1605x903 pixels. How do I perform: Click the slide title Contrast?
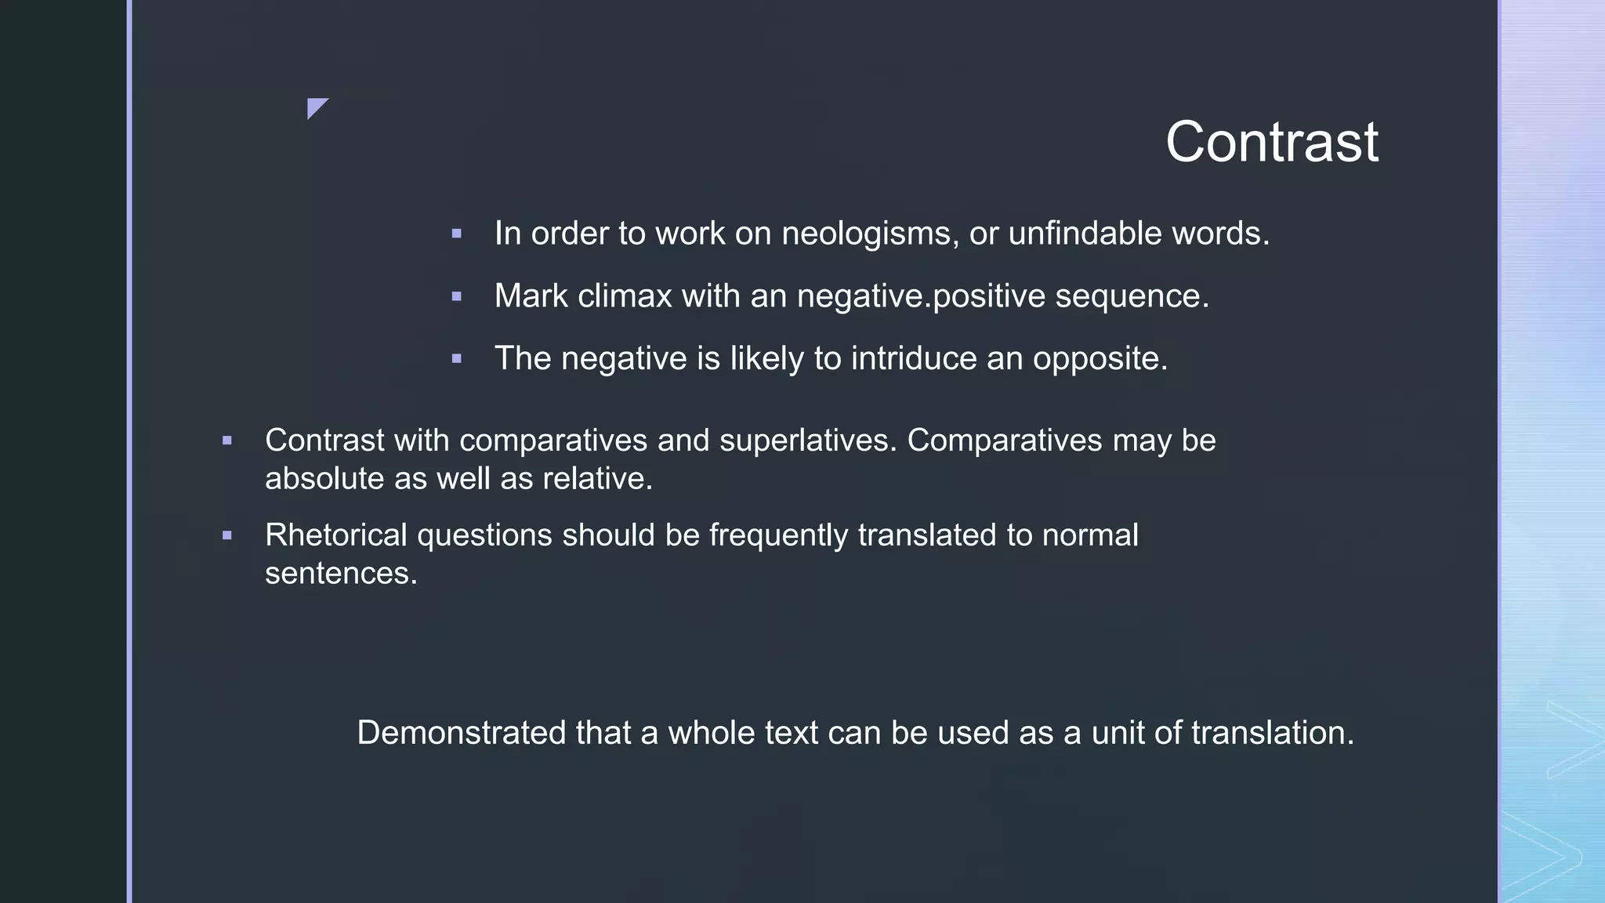pyautogui.click(x=1271, y=143)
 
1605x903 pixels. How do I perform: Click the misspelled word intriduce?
pyautogui.click(x=914, y=359)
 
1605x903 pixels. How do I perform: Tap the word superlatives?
pyautogui.click(x=807, y=441)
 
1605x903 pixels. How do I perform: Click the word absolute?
pyautogui.click(x=324, y=479)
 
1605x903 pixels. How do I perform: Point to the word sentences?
pyautogui.click(x=340, y=574)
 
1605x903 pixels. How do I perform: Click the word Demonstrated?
pyautogui.click(x=462, y=733)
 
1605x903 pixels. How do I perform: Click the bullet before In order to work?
pyautogui.click(x=457, y=234)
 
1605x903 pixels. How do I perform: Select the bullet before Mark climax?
pyautogui.click(x=457, y=296)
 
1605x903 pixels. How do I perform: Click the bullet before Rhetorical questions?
pyautogui.click(x=227, y=536)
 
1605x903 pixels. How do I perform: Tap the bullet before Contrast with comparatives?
pyautogui.click(x=227, y=441)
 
